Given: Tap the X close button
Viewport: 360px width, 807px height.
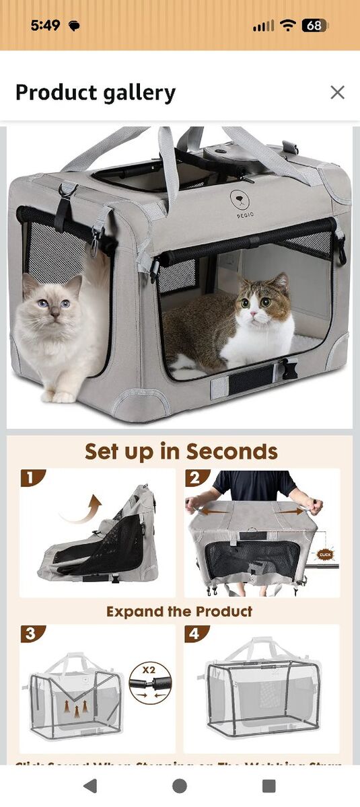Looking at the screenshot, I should point(337,92).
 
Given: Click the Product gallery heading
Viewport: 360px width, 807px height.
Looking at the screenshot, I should point(96,92).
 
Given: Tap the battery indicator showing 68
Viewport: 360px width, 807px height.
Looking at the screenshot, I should point(314,26).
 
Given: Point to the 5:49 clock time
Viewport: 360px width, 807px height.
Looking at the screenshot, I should point(45,26).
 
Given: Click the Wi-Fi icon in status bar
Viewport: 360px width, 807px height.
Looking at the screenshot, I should point(289,26).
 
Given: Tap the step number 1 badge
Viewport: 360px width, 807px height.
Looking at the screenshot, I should point(30,478).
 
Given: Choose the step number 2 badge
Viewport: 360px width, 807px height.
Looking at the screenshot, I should point(196,478).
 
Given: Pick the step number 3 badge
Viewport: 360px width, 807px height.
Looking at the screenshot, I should point(30,634).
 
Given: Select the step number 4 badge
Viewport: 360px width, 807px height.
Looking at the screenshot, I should point(196,634).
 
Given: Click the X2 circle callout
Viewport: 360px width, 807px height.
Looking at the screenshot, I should point(150,683).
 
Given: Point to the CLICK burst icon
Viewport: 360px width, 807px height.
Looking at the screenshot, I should point(326,555).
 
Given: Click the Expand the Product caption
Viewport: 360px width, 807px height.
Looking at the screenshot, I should point(180,611).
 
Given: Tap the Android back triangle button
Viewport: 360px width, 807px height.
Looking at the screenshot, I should point(90,785).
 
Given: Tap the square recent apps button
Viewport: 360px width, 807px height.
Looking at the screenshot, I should point(268,785).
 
